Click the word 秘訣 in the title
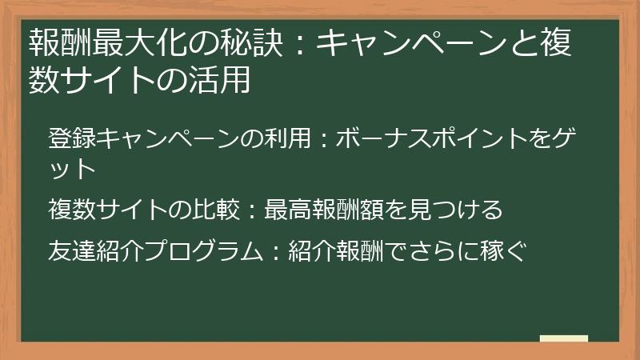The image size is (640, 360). (x=247, y=43)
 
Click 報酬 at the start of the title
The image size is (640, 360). (x=56, y=43)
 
